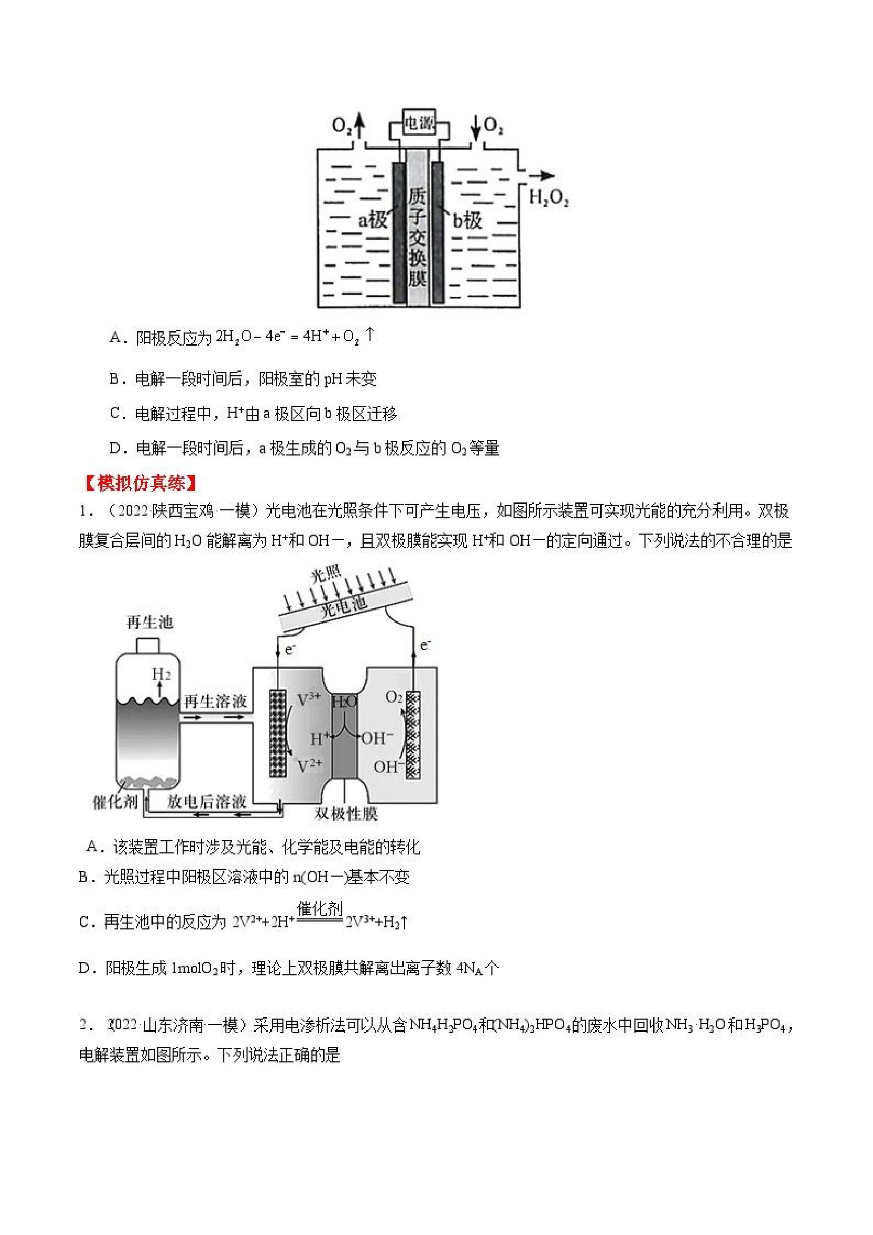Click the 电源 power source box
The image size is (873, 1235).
coord(419,123)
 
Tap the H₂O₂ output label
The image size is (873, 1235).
coord(548,198)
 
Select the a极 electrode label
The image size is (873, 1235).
coord(372,220)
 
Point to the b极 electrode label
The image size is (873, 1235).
coord(467,220)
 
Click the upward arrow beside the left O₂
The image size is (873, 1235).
coord(360,128)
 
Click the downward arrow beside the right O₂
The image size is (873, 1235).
coord(476,128)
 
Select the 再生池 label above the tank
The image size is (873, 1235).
coord(149,622)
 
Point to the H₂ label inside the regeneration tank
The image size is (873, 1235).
coord(162,674)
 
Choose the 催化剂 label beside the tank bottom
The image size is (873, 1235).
coord(115,802)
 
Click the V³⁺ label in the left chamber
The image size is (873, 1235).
coord(309,700)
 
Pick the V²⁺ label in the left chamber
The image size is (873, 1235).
coord(309,766)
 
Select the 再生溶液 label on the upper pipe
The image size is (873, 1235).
coord(215,701)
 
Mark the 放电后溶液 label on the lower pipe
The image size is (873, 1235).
coord(206,802)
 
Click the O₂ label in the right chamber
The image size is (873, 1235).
coord(394,698)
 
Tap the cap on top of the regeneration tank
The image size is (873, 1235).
coord(147,645)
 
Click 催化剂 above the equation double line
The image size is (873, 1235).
coord(319,909)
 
